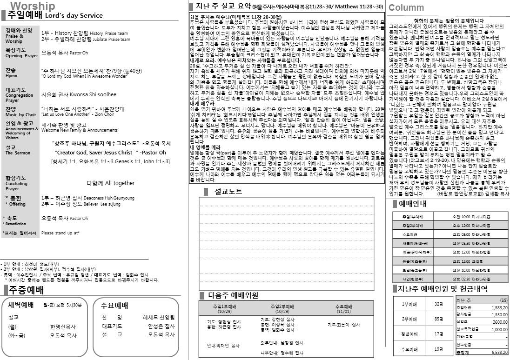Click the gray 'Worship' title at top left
tap(32, 6)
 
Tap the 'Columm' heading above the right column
tap(406, 7)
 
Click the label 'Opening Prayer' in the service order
tap(21, 56)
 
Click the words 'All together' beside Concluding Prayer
tap(111, 183)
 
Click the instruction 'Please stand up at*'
tap(60, 233)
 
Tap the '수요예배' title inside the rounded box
tap(114, 306)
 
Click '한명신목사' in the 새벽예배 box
tap(63, 327)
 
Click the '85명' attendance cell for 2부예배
tap(438, 319)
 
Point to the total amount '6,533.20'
tap(499, 353)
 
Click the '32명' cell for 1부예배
tap(438, 304)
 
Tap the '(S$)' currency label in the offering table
tap(503, 300)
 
